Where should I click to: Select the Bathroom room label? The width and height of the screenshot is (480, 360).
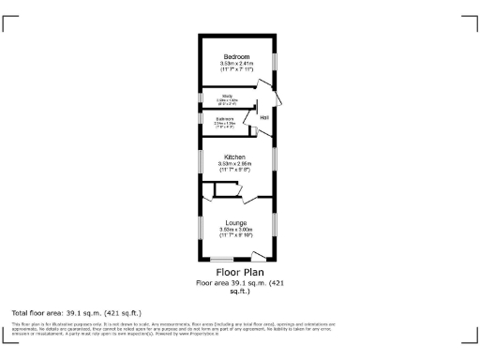tap(225, 119)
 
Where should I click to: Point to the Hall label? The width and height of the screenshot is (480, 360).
tap(264, 117)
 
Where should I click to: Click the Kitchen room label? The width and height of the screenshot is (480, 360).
tap(234, 157)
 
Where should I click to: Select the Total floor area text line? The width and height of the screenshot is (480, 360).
tap(76, 312)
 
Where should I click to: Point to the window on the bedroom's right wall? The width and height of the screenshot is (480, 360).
tap(275, 59)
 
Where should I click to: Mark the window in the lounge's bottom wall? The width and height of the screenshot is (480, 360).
tap(222, 260)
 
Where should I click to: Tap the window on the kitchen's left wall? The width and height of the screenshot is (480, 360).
tap(199, 160)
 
